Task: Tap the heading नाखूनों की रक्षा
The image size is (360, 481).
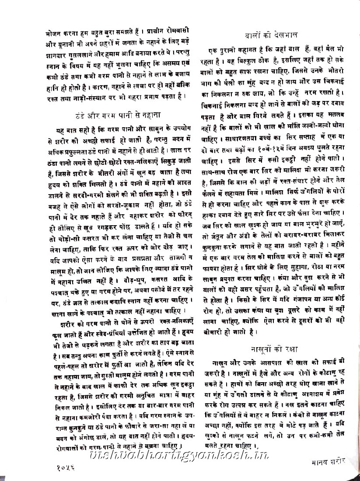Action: (275, 349)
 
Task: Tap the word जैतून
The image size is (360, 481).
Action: (217, 236)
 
